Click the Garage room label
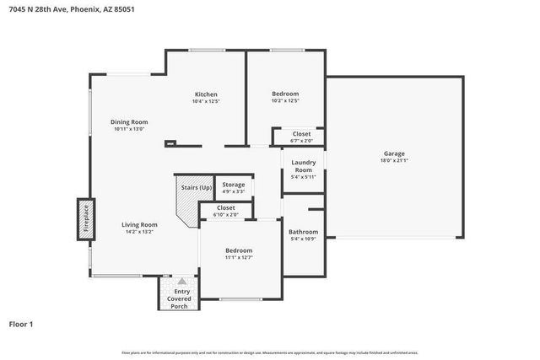click(394, 153)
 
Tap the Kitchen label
click(206, 94)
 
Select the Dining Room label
click(129, 122)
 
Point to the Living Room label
click(139, 224)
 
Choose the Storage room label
click(234, 184)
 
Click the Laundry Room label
click(303, 166)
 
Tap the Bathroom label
click(303, 232)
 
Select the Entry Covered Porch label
click(179, 298)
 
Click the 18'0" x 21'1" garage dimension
click(394, 161)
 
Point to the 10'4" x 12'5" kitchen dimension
click(206, 101)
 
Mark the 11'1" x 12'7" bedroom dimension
click(239, 259)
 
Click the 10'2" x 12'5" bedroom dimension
click(285, 101)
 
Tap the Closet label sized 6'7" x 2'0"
click(301, 134)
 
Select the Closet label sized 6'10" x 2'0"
click(226, 207)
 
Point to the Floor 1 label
click(20, 324)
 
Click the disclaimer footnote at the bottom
click(269, 352)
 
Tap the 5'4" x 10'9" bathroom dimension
click(303, 239)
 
